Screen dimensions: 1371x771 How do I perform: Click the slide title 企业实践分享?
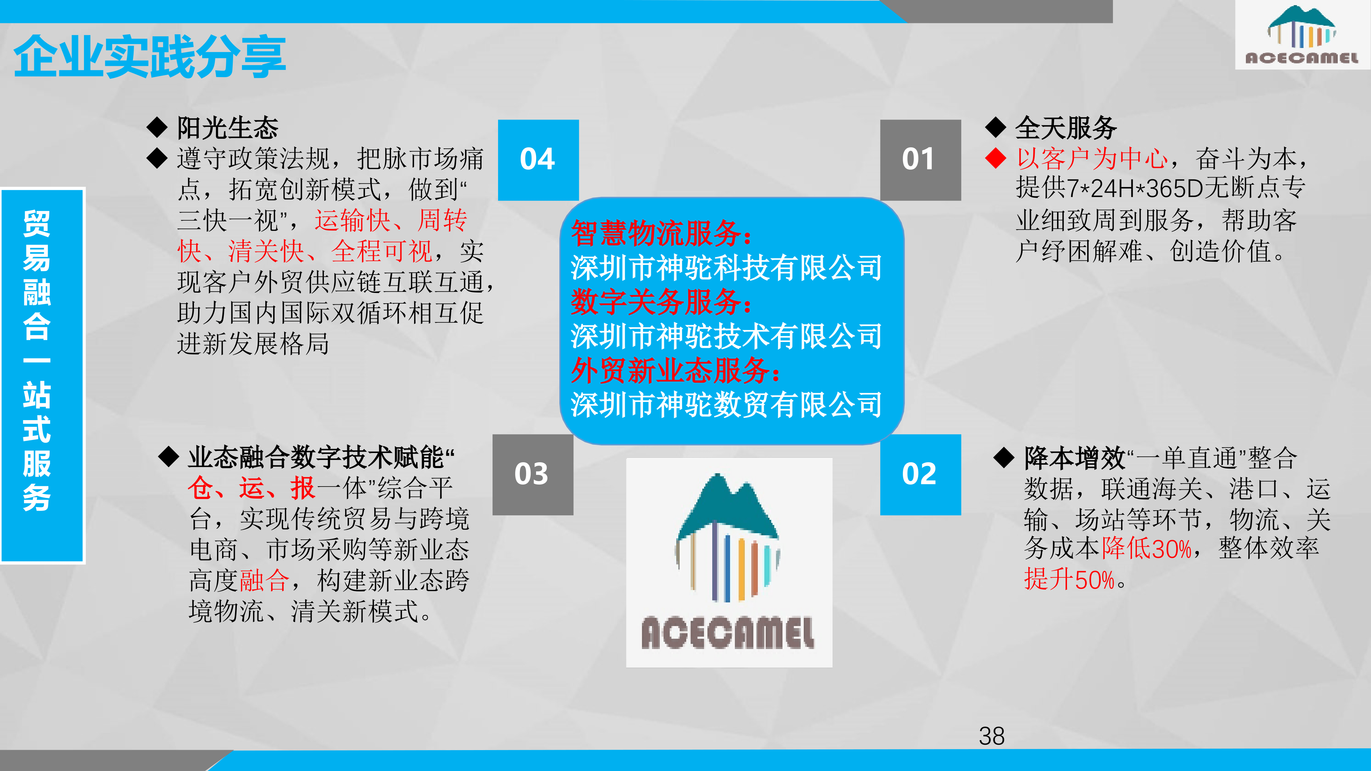(150, 57)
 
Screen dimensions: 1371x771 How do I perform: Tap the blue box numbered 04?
(538, 160)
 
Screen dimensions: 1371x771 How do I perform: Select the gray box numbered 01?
(920, 160)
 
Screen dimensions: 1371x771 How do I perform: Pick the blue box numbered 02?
(920, 475)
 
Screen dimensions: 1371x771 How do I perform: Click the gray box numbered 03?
(533, 475)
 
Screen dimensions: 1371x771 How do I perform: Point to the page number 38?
(992, 736)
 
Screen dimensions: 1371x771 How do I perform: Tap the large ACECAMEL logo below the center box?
(729, 562)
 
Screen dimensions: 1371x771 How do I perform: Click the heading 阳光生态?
(228, 128)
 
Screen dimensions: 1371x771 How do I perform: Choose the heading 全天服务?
(1066, 128)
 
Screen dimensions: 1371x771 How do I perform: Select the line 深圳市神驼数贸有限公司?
(727, 404)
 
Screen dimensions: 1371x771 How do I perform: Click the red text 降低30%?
(1147, 548)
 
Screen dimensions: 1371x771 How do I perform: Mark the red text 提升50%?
(1069, 579)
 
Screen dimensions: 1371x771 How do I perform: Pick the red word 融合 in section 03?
(265, 580)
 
